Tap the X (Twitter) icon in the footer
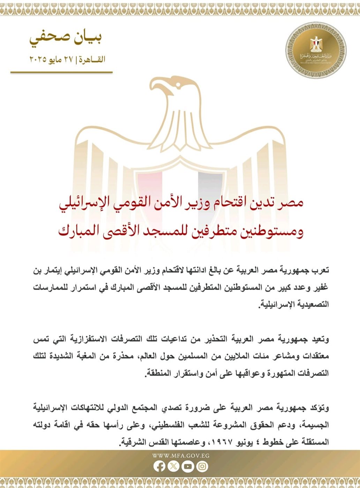[173, 466]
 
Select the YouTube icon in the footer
[188, 466]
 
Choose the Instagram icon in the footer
[202, 466]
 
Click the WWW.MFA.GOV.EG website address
[181, 455]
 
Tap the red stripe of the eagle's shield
[149, 188]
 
